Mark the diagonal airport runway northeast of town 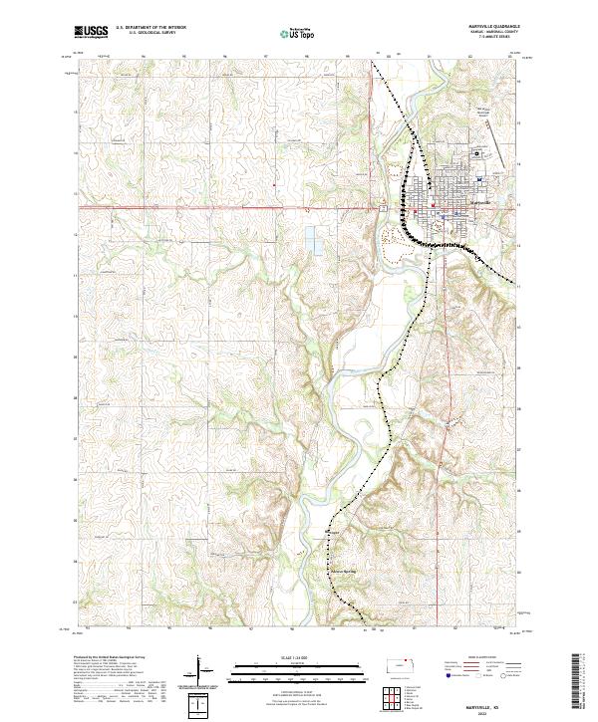502,150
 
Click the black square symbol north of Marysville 476,153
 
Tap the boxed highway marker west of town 383,207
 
